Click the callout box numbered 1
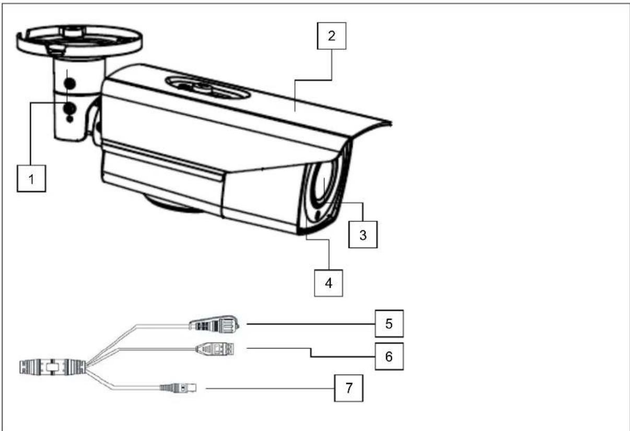point(31,179)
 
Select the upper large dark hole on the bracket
point(68,82)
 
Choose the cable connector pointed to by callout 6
point(214,348)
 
